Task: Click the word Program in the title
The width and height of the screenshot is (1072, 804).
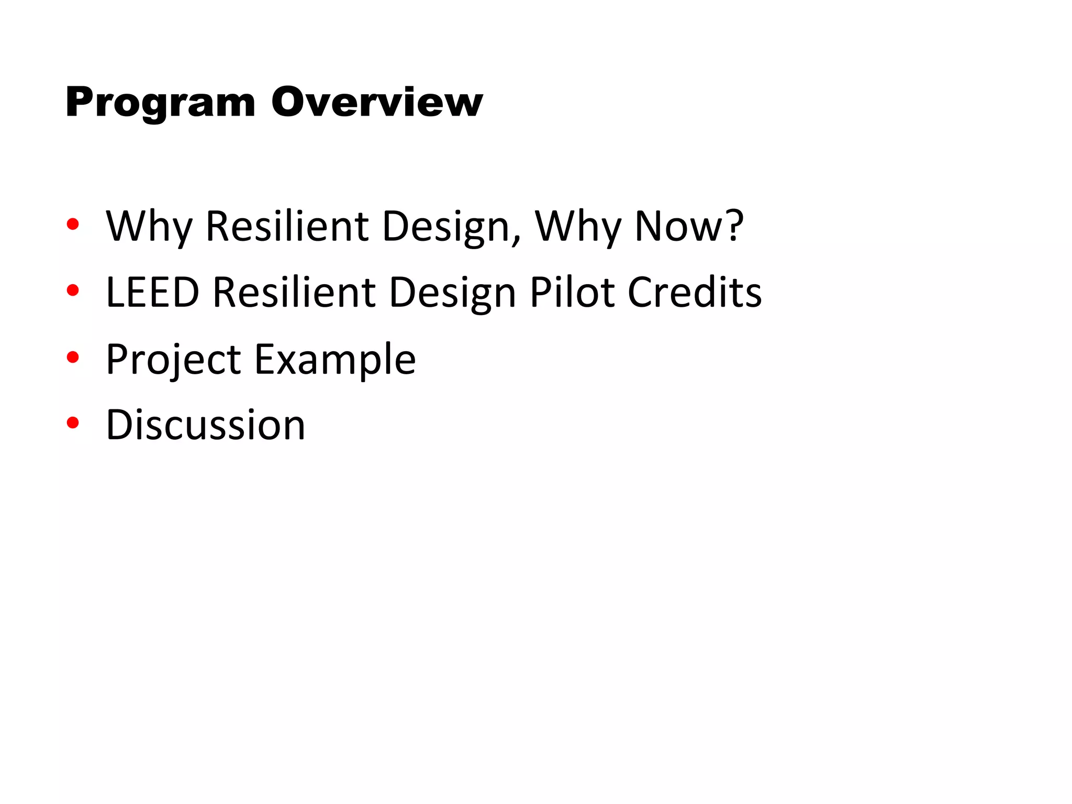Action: click(x=160, y=103)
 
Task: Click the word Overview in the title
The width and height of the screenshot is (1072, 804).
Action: click(x=377, y=103)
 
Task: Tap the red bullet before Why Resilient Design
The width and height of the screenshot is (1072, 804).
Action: click(x=73, y=225)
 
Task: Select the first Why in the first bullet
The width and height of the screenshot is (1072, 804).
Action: click(x=149, y=227)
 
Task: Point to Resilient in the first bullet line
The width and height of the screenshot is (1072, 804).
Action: click(x=287, y=227)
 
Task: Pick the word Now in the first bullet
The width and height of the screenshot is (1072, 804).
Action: click(x=677, y=227)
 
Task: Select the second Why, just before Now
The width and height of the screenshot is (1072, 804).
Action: click(x=577, y=227)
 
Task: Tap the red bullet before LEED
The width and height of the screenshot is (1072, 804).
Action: click(x=73, y=291)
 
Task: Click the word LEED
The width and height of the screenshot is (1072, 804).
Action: click(x=152, y=292)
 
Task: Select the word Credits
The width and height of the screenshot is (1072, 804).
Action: click(x=694, y=292)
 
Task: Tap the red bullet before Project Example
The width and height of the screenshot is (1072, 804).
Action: click(x=73, y=358)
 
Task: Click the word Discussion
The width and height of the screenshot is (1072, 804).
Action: click(x=205, y=425)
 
